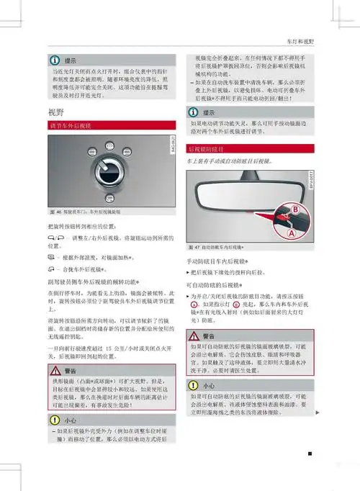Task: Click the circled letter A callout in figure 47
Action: [291, 233]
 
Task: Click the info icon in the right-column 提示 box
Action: [194, 112]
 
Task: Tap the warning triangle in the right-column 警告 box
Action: [194, 336]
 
